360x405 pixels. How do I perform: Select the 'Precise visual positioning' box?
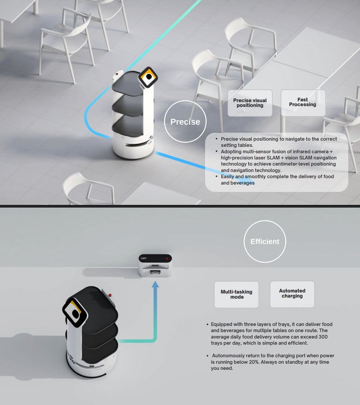250,103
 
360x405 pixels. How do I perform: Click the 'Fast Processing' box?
303,103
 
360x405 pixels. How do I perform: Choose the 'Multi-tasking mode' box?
236,295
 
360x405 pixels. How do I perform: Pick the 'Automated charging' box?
292,294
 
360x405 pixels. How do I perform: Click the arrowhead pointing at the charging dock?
155,285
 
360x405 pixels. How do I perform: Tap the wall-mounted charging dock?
155,265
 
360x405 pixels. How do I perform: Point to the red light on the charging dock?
167,258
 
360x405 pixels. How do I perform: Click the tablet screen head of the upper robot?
148,77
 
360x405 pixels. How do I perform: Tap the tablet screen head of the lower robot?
75,313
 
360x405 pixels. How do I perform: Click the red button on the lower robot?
110,295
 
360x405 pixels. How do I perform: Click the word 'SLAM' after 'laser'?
273,158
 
